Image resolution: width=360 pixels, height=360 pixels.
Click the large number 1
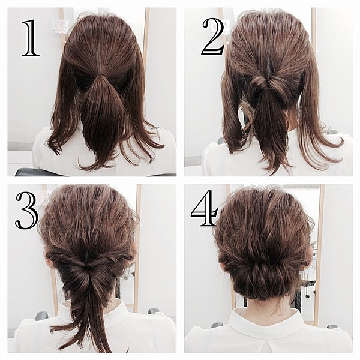[31, 38]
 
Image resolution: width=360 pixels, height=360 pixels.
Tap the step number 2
[213, 36]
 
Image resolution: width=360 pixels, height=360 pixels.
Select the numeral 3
[26, 211]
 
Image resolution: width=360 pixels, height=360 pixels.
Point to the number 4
[205, 208]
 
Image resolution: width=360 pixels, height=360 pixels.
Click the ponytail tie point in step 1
[100, 77]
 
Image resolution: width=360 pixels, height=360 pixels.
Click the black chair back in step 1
[34, 173]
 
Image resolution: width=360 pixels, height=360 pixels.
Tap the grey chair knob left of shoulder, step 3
[41, 316]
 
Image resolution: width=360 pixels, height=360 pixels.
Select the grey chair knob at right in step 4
[332, 326]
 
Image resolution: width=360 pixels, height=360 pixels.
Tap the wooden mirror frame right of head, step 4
[319, 253]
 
